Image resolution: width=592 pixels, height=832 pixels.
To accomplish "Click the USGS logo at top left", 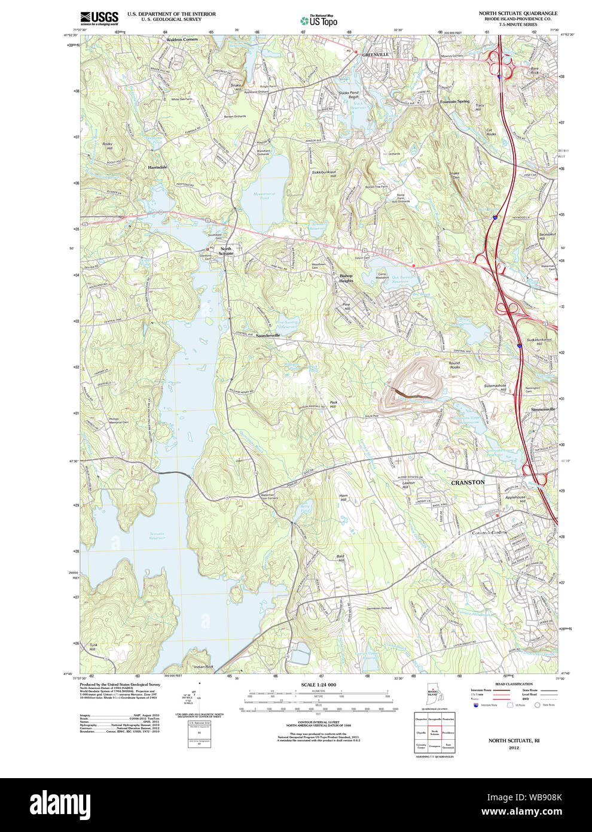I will [99, 17].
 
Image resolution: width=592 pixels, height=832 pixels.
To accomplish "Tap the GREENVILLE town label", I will [375, 54].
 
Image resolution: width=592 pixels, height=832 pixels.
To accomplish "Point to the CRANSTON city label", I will [468, 482].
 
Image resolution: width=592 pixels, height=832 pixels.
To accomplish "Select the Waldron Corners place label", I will [181, 40].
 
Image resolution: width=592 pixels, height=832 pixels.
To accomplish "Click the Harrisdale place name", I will [157, 167].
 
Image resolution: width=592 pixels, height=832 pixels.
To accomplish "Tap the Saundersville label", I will [268, 336].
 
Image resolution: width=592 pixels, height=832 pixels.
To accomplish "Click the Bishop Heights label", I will [346, 278].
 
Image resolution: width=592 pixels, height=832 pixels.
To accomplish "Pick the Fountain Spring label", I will [454, 102].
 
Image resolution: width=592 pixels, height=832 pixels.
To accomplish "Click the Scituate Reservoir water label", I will [157, 535].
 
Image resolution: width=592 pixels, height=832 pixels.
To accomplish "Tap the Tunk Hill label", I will [93, 647].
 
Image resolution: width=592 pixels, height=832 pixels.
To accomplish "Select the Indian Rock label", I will [203, 666].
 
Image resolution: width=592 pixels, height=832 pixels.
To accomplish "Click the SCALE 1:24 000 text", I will [318, 684].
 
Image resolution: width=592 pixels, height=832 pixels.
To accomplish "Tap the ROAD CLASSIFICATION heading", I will [514, 684].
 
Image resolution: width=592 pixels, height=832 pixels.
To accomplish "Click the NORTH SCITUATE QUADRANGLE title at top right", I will [518, 13].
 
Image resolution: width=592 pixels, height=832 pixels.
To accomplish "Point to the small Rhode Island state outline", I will [432, 693].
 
